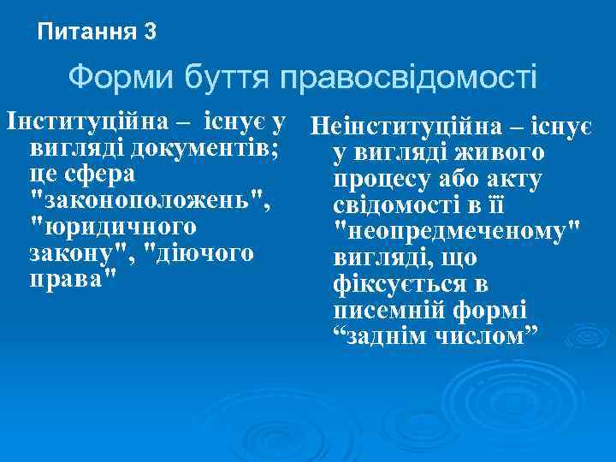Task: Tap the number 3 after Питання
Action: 151,33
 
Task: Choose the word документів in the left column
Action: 208,147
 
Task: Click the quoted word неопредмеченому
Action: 456,231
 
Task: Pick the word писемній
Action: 382,309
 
